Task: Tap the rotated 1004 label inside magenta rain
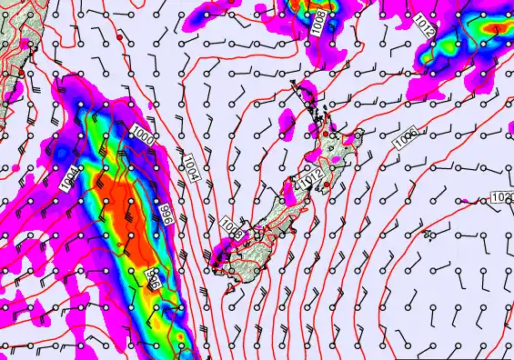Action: click(x=69, y=175)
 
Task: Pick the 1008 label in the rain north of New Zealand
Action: click(x=318, y=20)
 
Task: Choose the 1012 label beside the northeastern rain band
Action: click(x=430, y=30)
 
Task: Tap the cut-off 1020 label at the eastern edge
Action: click(x=502, y=197)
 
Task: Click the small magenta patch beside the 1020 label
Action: click(x=466, y=200)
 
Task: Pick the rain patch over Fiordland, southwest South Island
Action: click(x=221, y=252)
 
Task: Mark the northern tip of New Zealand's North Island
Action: click(x=294, y=85)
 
